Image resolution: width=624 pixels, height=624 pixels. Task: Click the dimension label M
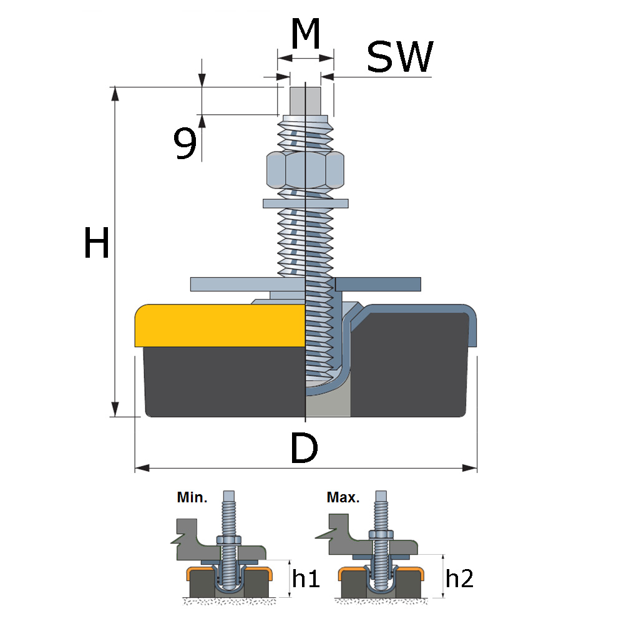point(306,36)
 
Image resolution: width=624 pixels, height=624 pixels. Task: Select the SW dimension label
point(399,58)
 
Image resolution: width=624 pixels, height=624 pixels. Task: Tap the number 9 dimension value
point(185,144)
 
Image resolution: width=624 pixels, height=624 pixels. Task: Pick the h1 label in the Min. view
point(306,580)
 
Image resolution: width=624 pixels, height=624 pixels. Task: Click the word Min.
point(192,498)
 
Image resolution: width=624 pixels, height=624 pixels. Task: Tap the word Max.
point(343,498)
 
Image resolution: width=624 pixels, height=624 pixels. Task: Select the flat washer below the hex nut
point(305,203)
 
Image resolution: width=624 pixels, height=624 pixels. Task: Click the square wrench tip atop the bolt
point(306,100)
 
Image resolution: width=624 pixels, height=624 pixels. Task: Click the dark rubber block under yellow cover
point(218,381)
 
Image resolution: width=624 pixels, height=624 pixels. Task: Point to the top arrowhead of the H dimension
point(115,93)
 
